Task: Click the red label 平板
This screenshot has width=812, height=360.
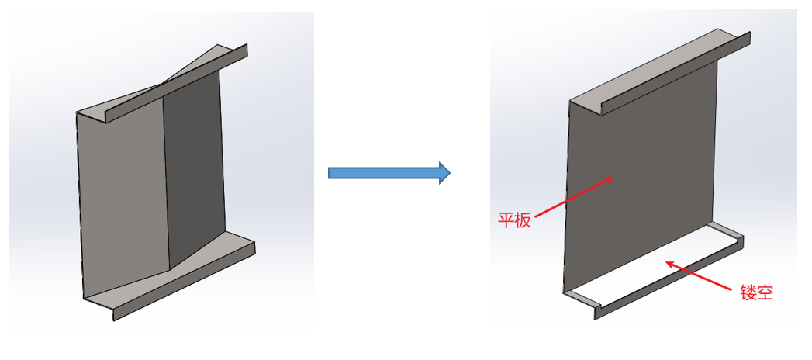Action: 514,220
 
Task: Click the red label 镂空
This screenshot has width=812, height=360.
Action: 756,292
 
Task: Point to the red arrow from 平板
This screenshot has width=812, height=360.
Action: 574,198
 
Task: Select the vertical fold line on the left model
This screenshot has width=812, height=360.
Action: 166,186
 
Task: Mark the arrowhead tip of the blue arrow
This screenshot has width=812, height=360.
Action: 450,172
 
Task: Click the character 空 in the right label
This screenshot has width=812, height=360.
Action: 765,292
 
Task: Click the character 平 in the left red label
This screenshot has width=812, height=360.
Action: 506,220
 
